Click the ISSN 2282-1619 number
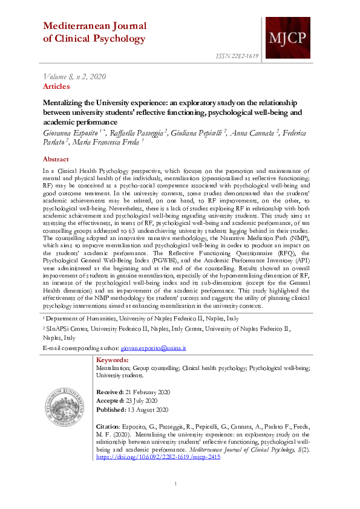coord(237,56)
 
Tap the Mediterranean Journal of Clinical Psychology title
coord(94,32)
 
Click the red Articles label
coord(56,86)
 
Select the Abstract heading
coord(56,159)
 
